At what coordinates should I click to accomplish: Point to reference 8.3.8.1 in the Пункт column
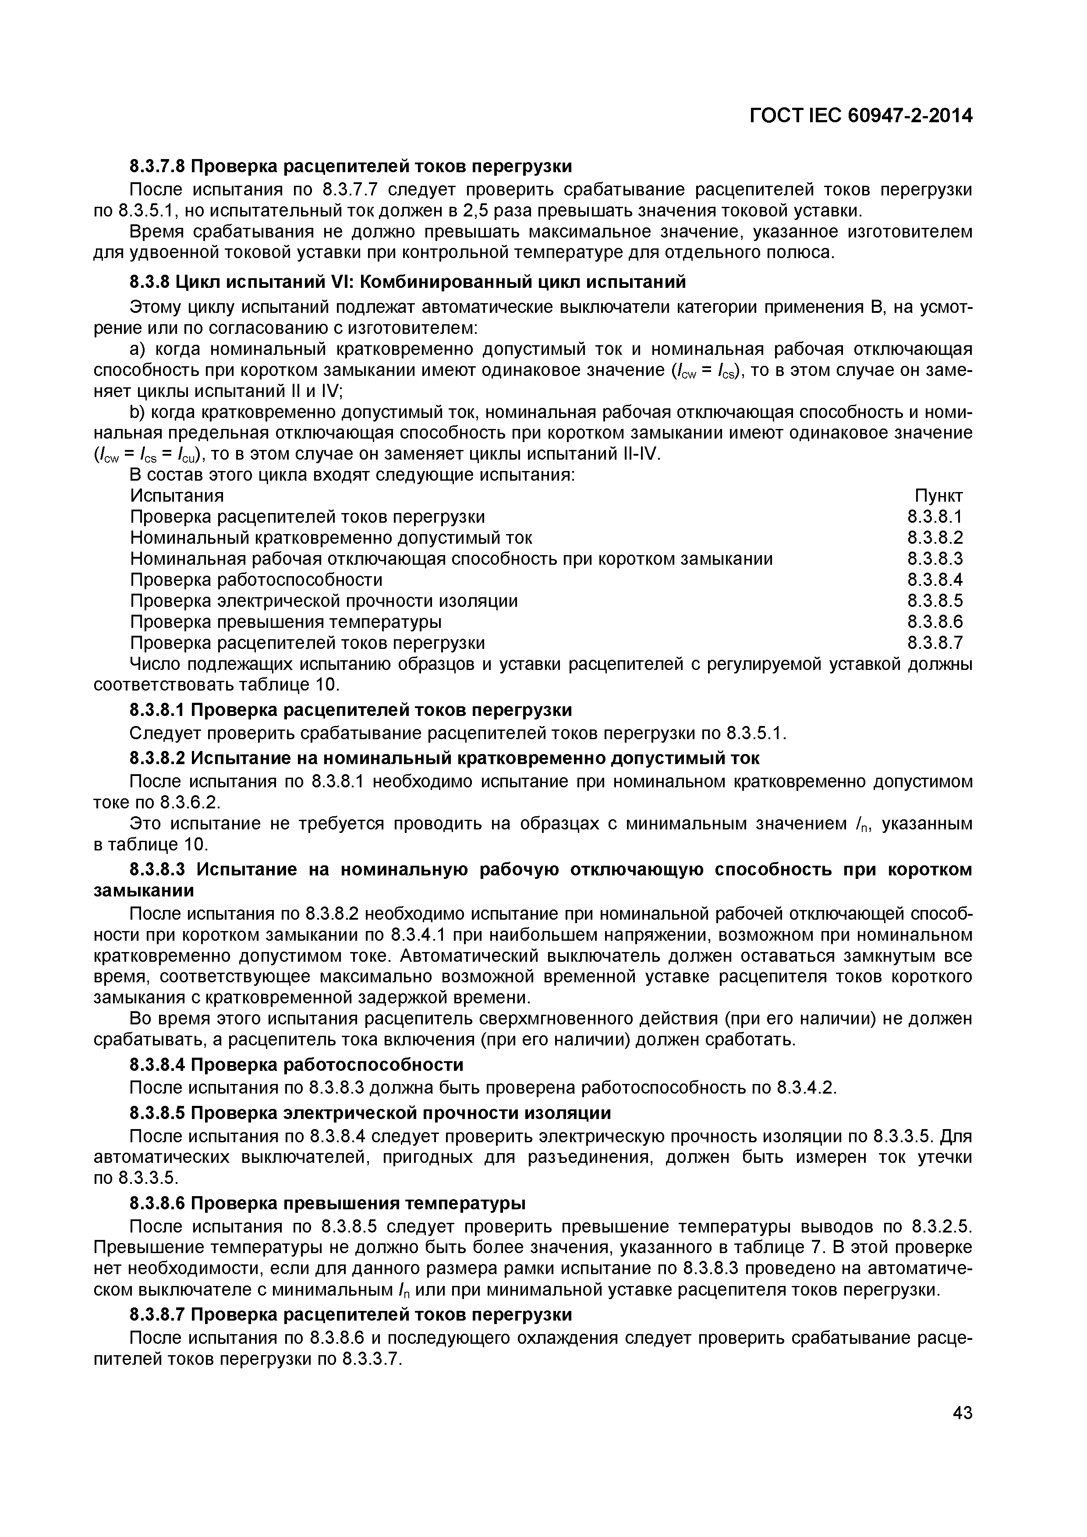[x=935, y=517]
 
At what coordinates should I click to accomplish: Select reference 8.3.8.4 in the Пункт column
[x=935, y=580]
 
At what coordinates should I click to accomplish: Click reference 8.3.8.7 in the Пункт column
[x=935, y=643]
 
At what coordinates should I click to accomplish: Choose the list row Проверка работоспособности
[x=256, y=580]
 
